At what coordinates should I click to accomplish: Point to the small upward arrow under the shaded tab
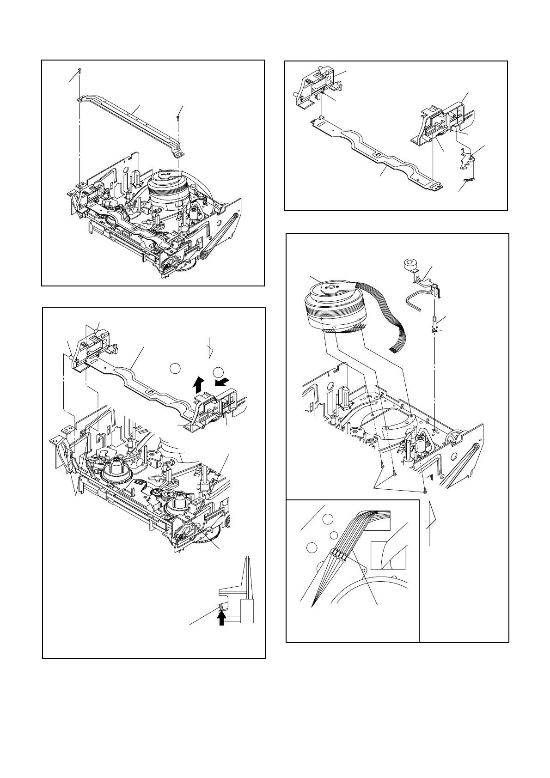pyautogui.click(x=222, y=617)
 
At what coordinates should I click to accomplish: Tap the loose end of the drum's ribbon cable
pyautogui.click(x=394, y=350)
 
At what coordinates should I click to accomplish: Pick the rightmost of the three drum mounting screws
pyautogui.click(x=424, y=489)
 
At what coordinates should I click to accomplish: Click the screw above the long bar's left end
pyautogui.click(x=80, y=70)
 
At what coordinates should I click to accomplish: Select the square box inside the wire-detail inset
pyautogui.click(x=388, y=556)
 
